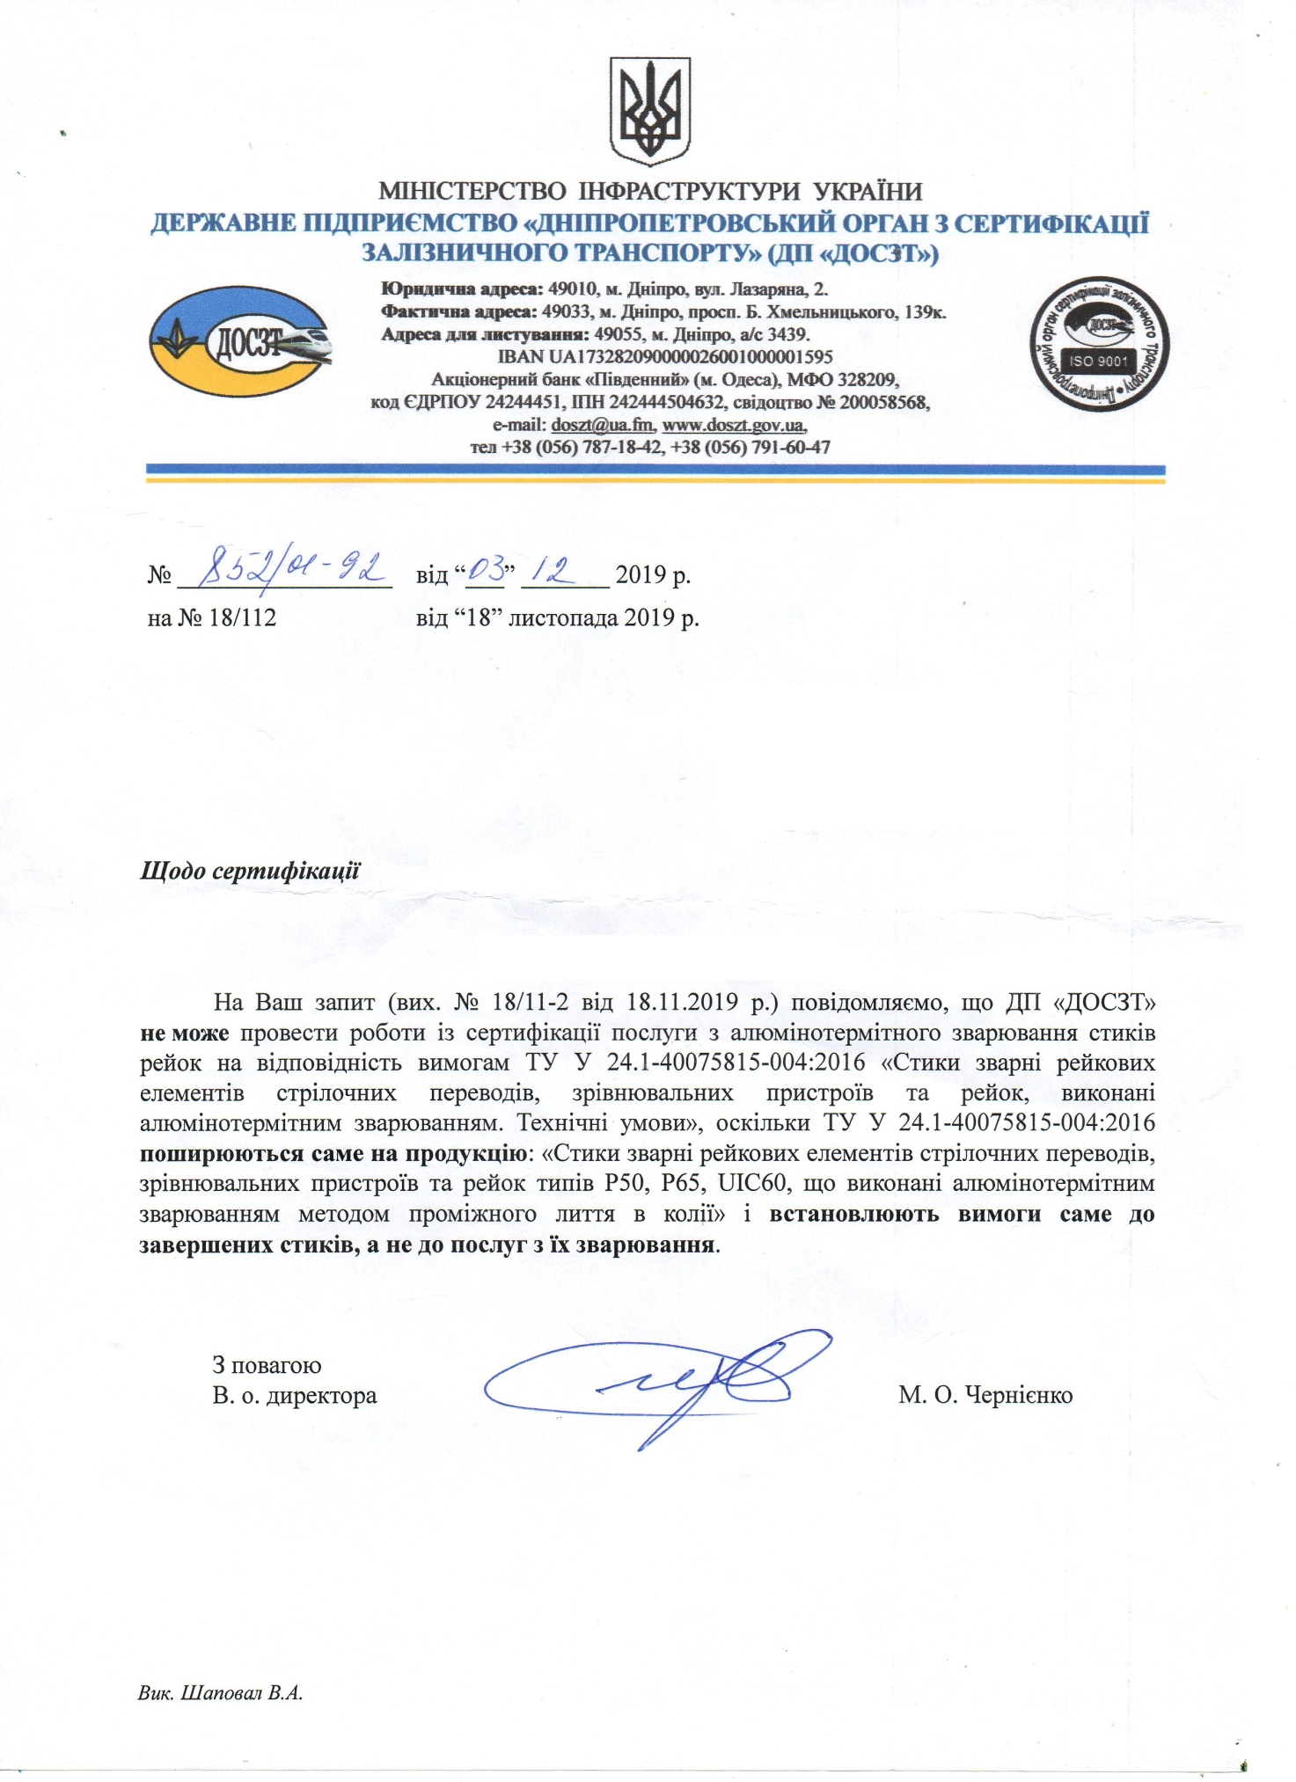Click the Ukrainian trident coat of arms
pos(650,110)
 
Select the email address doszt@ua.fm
pos(603,425)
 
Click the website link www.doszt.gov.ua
pos(734,425)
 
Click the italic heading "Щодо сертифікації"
pos(251,871)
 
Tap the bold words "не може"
pos(185,1033)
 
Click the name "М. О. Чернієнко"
pos(985,1395)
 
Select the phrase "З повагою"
pos(267,1365)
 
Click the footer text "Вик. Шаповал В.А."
pos(221,1693)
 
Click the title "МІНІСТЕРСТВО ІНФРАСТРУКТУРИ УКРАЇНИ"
pos(650,191)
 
